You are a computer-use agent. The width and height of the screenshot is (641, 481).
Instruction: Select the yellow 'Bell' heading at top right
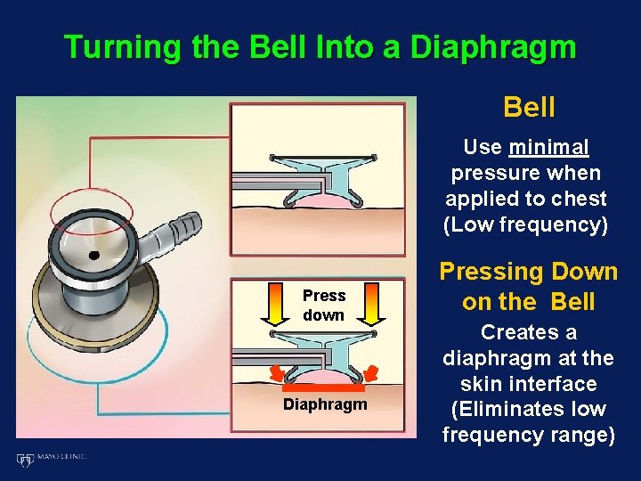pos(529,108)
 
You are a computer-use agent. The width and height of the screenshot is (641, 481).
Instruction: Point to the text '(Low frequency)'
pos(526,224)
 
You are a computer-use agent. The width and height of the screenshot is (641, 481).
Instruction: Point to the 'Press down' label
pos(323,306)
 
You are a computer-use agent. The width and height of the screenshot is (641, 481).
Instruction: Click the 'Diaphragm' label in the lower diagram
pos(325,404)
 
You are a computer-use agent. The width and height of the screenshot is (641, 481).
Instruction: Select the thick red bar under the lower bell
pos(324,388)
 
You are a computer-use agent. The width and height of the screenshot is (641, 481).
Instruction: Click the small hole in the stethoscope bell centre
pos(93,256)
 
